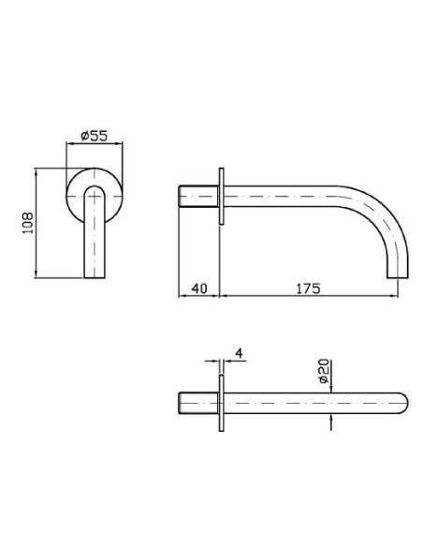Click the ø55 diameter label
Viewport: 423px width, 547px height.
point(95,136)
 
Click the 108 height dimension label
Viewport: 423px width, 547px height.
point(28,223)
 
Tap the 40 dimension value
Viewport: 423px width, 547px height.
point(199,288)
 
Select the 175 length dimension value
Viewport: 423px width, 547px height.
point(309,288)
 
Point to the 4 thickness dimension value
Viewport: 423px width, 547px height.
point(239,353)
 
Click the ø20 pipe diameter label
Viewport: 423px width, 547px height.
point(324,371)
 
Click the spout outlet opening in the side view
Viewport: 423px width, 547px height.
point(398,277)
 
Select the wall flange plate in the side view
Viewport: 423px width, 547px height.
point(221,196)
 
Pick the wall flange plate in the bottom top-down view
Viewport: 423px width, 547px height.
point(221,403)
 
